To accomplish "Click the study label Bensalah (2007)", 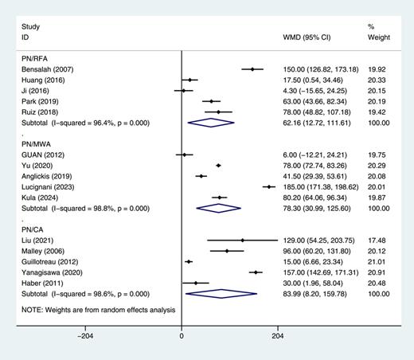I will pyautogui.click(x=47, y=69).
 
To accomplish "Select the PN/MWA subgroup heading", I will pyautogui.click(x=40, y=143).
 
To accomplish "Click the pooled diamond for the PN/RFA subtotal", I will pyautogui.click(x=211, y=123).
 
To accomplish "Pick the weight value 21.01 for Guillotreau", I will pyautogui.click(x=377, y=260).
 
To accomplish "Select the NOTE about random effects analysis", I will pyautogui.click(x=100, y=308).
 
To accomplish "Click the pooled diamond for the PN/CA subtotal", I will pyautogui.click(x=221, y=293).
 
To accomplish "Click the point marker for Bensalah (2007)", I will pyautogui.click(x=252, y=69).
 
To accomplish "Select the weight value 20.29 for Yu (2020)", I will pyautogui.click(x=377, y=165).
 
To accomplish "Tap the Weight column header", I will pyautogui.click(x=378, y=37).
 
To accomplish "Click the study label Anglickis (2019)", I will pyautogui.click(x=49, y=176).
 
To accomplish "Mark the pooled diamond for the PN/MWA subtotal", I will pyautogui.click(x=219, y=208).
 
